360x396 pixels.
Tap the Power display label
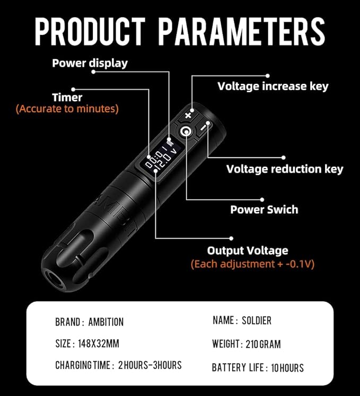tap(90, 63)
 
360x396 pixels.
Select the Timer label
tap(67, 98)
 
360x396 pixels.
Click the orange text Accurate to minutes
tap(67, 109)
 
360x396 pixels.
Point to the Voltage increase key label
tap(273, 86)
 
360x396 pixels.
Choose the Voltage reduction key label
tap(285, 169)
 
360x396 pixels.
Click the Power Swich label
tap(264, 209)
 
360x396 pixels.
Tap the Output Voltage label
tap(248, 251)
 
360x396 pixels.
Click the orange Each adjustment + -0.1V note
tap(252, 263)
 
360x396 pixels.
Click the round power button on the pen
tap(186, 131)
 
